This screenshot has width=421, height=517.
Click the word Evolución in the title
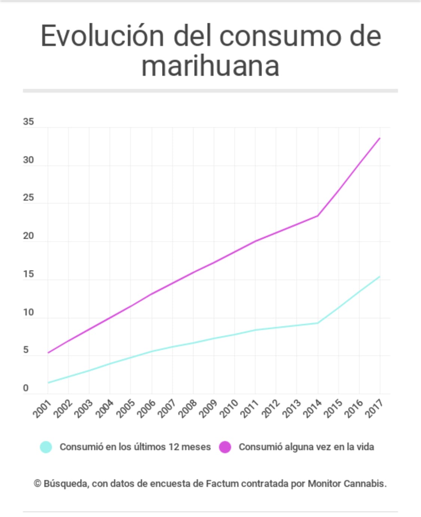pyautogui.click(x=102, y=36)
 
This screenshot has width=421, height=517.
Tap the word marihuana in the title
pyautogui.click(x=210, y=66)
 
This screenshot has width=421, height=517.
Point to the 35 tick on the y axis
pyautogui.click(x=28, y=122)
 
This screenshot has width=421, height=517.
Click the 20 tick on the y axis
pyautogui.click(x=28, y=236)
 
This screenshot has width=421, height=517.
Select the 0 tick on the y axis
pyautogui.click(x=25, y=388)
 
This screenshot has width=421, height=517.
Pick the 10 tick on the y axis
pyautogui.click(x=28, y=312)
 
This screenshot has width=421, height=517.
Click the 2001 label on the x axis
pyautogui.click(x=41, y=409)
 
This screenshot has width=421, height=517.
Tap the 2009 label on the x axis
pyautogui.click(x=207, y=409)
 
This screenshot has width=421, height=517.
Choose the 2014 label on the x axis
pyautogui.click(x=311, y=409)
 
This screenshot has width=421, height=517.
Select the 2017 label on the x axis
pyautogui.click(x=373, y=409)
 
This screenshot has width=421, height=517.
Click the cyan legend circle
pyautogui.click(x=46, y=447)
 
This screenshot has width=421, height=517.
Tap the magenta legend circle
pyautogui.click(x=225, y=447)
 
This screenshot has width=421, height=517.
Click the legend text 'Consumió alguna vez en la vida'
pyautogui.click(x=306, y=447)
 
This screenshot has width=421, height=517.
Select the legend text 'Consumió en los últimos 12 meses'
pyautogui.click(x=135, y=447)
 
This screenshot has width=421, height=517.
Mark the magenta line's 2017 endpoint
pyautogui.click(x=380, y=138)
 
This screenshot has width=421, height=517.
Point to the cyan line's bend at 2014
pyautogui.click(x=318, y=323)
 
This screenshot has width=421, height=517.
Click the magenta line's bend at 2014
pyautogui.click(x=318, y=215)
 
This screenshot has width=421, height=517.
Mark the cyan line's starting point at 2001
pyautogui.click(x=48, y=383)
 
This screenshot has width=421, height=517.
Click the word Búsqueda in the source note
pyautogui.click(x=66, y=484)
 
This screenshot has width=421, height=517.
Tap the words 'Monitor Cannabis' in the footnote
pyautogui.click(x=347, y=484)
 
